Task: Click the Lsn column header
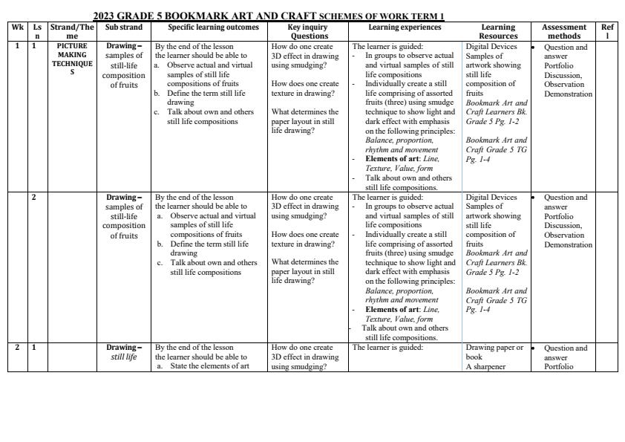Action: (x=37, y=31)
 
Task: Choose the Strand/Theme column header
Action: (x=72, y=31)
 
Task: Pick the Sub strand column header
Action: (x=124, y=27)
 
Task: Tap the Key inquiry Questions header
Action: (x=307, y=31)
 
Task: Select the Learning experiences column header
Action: (x=405, y=27)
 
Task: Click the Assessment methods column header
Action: (x=564, y=31)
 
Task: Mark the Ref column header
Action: (x=607, y=31)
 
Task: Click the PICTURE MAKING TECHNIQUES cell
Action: (x=72, y=59)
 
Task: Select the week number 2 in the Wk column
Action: (x=17, y=347)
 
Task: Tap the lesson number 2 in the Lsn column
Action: (x=33, y=197)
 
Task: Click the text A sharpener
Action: (x=485, y=366)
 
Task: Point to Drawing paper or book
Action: (x=494, y=352)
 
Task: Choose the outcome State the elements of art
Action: (x=209, y=366)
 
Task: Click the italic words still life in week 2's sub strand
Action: (x=124, y=357)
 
